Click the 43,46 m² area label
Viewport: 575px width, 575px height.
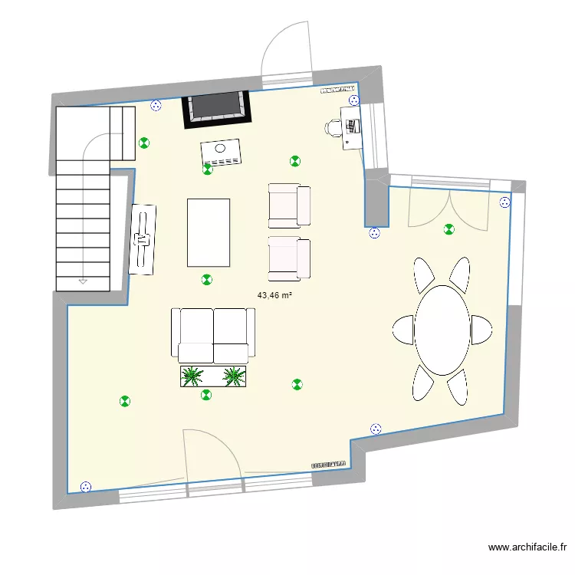[275, 295]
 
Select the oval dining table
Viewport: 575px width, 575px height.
[442, 330]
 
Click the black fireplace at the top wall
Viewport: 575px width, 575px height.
[218, 108]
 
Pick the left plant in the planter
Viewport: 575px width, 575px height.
[192, 376]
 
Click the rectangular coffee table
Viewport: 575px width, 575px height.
[209, 232]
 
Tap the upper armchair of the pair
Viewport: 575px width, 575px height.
[289, 205]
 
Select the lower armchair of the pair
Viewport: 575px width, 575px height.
[289, 258]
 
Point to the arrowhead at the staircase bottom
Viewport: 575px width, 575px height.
[82, 281]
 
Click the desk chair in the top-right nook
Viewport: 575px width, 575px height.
[333, 128]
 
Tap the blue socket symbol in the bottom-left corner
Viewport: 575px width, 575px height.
[85, 486]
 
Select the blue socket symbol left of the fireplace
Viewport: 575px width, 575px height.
[156, 107]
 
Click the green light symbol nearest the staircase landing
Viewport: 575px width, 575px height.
[143, 142]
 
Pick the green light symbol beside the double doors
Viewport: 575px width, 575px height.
[449, 228]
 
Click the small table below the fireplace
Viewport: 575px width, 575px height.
[221, 151]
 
